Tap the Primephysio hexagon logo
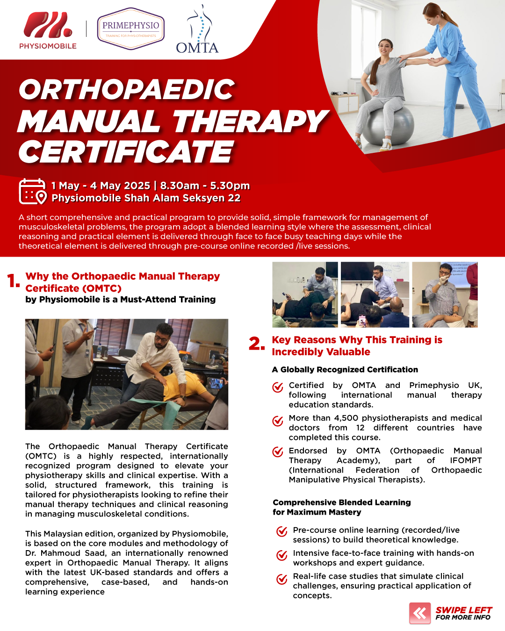click(130, 29)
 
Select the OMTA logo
click(197, 29)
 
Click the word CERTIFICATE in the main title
click(126, 152)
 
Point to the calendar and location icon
click(33, 191)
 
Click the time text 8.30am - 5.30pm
click(205, 186)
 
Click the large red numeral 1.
click(13, 280)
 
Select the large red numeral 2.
click(256, 344)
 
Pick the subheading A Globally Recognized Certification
click(345, 369)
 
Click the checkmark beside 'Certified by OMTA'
click(278, 387)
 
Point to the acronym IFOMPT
click(466, 460)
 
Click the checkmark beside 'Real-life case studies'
click(281, 579)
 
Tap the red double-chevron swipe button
click(420, 613)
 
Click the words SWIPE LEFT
click(464, 610)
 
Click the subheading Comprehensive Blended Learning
click(341, 502)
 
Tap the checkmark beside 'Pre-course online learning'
click(281, 531)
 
